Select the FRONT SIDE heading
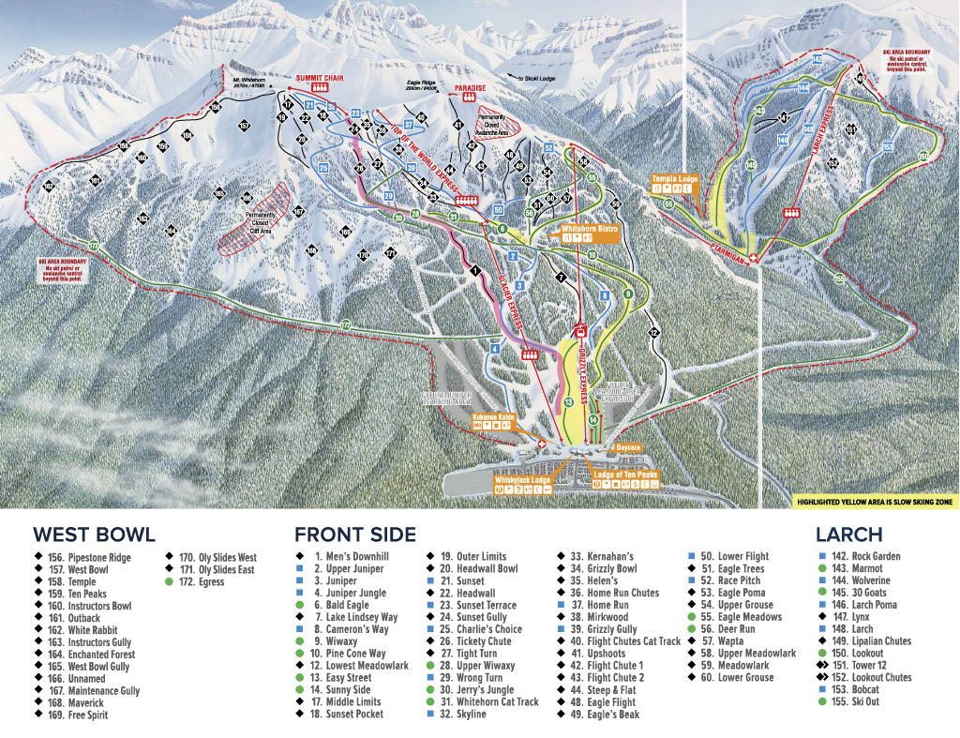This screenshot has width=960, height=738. [355, 535]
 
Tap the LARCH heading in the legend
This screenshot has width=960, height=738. [848, 535]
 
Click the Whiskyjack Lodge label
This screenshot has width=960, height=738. [522, 478]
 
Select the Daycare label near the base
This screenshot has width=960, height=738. [627, 448]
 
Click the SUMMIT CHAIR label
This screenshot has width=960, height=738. [319, 78]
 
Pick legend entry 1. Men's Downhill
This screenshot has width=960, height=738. [352, 557]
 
